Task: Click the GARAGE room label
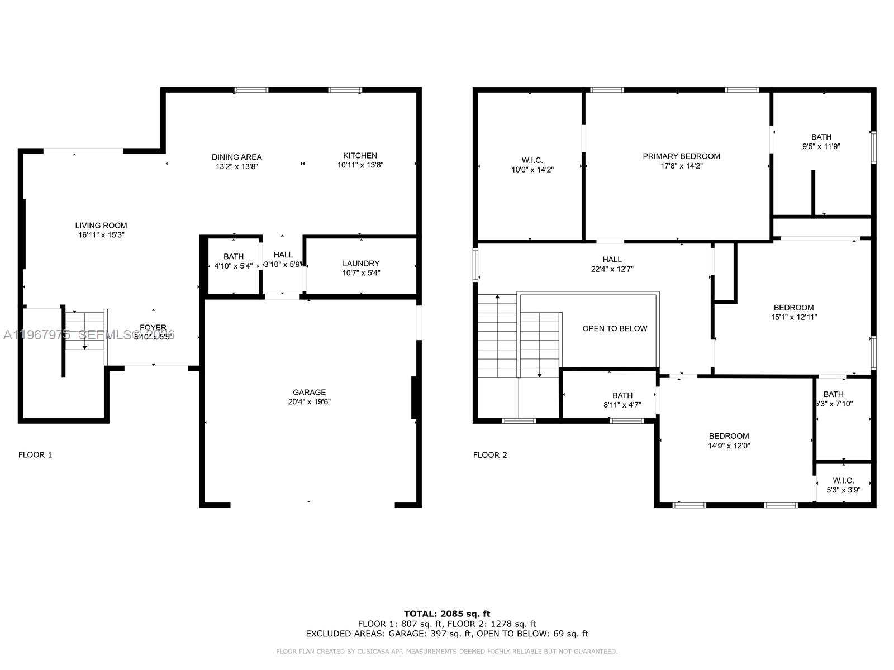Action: (309, 393)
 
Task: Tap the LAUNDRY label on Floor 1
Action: (361, 264)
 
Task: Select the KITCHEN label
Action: (360, 156)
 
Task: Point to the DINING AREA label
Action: (237, 157)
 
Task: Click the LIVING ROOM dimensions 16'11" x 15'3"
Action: (101, 235)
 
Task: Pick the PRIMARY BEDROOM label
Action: (681, 156)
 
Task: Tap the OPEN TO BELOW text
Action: (615, 328)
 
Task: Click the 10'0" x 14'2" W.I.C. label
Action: (532, 170)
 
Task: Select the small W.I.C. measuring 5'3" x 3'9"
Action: (843, 485)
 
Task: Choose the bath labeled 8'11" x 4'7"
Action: (622, 400)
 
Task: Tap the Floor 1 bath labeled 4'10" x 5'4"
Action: (234, 261)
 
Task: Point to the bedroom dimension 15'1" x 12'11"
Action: (793, 317)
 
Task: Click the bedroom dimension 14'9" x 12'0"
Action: (729, 446)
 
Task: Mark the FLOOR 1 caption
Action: (35, 455)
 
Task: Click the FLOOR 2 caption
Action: (490, 455)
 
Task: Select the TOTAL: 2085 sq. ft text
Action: (447, 614)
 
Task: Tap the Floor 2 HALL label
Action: (612, 260)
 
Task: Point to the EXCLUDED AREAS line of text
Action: (447, 634)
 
